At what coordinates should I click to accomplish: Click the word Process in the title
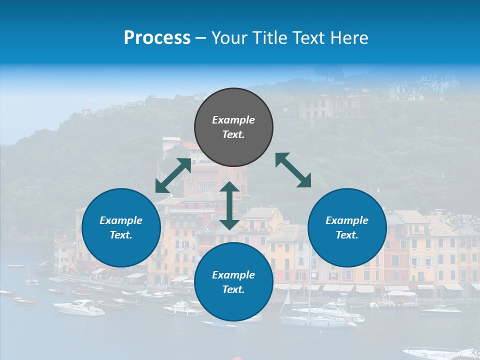157,38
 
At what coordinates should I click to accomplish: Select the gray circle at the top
233,127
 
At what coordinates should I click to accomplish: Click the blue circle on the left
121,227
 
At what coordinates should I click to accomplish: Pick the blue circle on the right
347,227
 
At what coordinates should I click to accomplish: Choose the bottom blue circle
233,282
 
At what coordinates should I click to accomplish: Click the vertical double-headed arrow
229,205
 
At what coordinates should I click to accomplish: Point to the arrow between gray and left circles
173,175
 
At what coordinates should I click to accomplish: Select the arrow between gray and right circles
293,170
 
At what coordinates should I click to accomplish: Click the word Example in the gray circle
233,120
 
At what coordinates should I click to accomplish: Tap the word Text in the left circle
121,235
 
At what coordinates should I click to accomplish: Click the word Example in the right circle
347,220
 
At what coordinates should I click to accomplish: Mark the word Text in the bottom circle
233,289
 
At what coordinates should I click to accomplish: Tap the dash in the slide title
201,38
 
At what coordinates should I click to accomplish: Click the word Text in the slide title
307,38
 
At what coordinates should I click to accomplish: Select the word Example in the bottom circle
233,275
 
